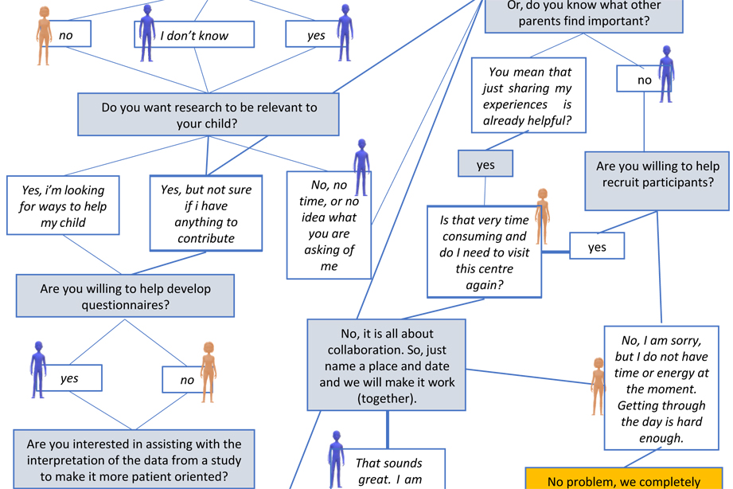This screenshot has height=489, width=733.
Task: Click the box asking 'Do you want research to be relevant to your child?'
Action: (x=209, y=115)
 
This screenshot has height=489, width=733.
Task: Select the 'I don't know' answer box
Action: (x=194, y=35)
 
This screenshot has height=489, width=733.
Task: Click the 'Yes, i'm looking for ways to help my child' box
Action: (x=62, y=206)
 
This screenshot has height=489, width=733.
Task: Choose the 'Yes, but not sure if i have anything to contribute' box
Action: (x=206, y=213)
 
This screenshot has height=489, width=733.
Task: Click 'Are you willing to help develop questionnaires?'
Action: (x=126, y=296)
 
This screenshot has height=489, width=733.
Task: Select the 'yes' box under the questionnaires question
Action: (x=70, y=378)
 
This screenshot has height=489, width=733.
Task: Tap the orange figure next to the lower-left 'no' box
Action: (x=209, y=370)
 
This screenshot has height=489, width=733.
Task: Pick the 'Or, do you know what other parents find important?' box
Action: (x=584, y=14)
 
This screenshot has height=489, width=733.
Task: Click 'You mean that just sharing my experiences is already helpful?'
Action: (x=527, y=96)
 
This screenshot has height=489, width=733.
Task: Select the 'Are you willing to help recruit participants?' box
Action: (x=657, y=174)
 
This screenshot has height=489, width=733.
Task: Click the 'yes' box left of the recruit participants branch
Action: (x=597, y=247)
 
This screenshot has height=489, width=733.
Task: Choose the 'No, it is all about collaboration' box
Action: (x=387, y=365)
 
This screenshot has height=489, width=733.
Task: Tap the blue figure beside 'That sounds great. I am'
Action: (x=336, y=458)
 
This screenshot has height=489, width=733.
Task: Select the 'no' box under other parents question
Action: (x=645, y=80)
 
